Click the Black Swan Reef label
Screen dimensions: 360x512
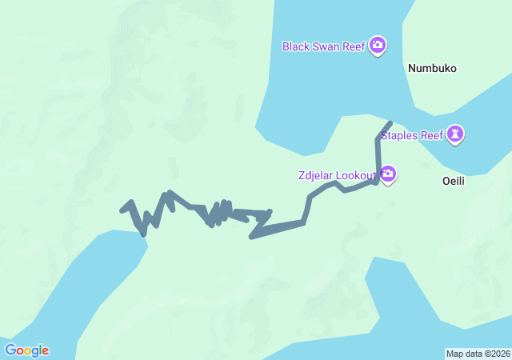[324, 46]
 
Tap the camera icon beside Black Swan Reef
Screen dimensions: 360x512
[377, 46]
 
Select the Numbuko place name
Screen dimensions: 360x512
[432, 69]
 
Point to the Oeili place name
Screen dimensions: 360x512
[454, 182]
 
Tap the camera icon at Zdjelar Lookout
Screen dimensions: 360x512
[388, 174]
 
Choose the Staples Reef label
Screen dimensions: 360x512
[412, 135]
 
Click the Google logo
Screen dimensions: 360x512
[26, 350]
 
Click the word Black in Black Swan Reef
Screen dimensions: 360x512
[296, 46]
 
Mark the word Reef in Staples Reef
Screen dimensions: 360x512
[432, 135]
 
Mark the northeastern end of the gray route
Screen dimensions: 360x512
[390, 123]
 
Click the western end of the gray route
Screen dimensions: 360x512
[122, 210]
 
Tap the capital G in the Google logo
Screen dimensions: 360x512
[10, 350]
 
